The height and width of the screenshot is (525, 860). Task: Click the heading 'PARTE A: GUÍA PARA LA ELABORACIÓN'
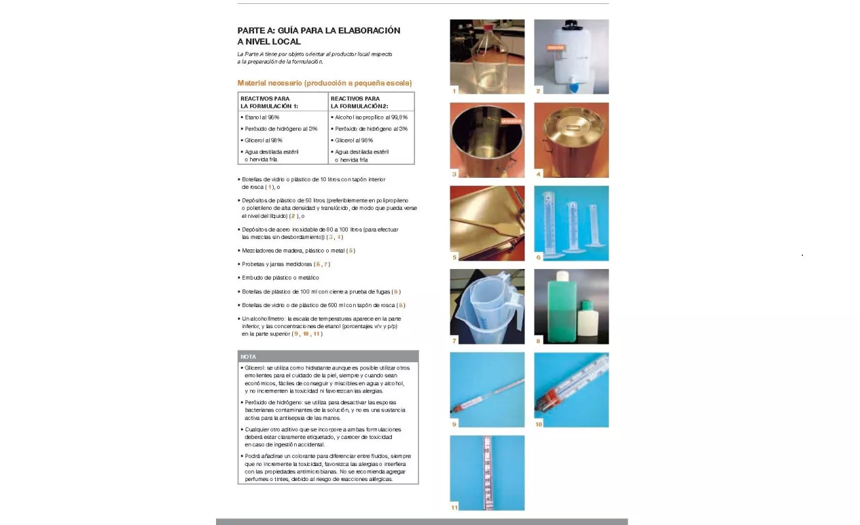pos(318,30)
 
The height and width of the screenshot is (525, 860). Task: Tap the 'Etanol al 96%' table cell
pos(262,117)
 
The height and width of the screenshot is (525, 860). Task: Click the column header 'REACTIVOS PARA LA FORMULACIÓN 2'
pos(360,102)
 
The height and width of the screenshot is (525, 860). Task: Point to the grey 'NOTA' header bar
pos(328,356)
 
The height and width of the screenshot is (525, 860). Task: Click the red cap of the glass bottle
pos(487,26)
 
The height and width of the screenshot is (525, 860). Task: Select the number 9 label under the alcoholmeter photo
pos(454,424)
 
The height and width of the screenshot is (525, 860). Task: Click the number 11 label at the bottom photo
pos(454,507)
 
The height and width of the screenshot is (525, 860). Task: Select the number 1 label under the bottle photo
pos(454,91)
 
